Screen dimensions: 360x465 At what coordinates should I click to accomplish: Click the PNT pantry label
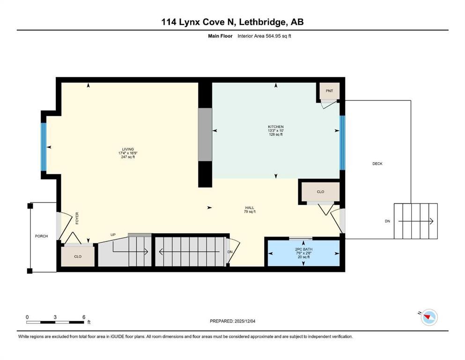click(330, 90)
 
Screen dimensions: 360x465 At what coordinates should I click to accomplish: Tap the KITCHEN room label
click(275, 127)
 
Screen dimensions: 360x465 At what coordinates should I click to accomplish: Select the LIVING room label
click(125, 150)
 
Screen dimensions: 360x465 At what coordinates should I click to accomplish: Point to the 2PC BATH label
click(303, 249)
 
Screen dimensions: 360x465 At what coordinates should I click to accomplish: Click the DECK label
click(377, 164)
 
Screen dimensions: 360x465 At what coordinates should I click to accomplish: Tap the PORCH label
click(41, 236)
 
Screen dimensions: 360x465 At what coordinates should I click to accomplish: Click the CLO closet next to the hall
click(320, 192)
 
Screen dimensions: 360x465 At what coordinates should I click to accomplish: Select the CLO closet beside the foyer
click(78, 256)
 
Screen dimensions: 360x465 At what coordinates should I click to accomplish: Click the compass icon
click(428, 317)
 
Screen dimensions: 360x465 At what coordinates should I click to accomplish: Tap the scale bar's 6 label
click(83, 317)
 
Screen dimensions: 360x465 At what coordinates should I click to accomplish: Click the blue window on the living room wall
click(44, 147)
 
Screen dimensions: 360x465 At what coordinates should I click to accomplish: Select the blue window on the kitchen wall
click(342, 142)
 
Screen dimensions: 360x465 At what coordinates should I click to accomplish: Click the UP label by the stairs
click(113, 234)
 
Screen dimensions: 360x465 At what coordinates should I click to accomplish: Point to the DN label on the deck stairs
click(387, 221)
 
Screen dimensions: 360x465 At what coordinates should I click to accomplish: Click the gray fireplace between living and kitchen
click(205, 135)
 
